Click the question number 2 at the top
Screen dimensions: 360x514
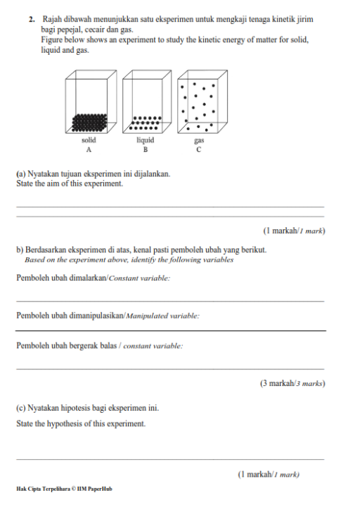point(32,20)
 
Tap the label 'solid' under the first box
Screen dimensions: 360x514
point(89,141)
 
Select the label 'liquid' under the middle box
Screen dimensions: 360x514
point(146,141)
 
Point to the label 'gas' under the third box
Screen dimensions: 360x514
point(199,141)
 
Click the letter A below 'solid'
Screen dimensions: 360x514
point(89,150)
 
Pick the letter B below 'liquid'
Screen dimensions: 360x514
point(146,150)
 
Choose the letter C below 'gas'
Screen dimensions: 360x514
point(199,150)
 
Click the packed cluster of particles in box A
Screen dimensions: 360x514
point(89,122)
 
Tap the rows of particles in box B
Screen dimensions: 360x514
point(146,123)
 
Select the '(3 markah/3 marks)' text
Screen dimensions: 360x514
point(292,383)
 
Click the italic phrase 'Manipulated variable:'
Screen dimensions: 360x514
point(163,316)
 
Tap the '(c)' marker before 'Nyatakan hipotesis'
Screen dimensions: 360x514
point(21,409)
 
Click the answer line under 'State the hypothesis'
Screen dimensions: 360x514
point(170,459)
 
